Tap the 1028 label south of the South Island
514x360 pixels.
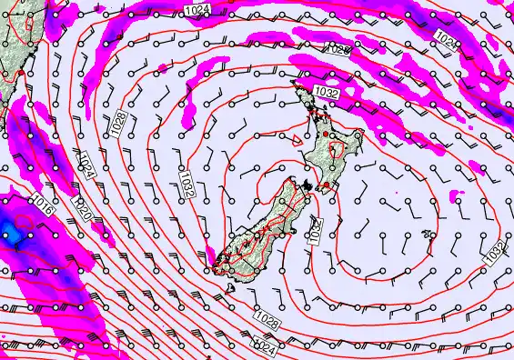[x=267, y=318]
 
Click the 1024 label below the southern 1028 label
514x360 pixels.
[x=263, y=346]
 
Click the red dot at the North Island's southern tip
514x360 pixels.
[x=326, y=187]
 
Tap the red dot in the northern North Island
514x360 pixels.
[x=327, y=134]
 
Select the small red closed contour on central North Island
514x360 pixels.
[x=338, y=149]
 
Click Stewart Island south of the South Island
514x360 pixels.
[x=229, y=288]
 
